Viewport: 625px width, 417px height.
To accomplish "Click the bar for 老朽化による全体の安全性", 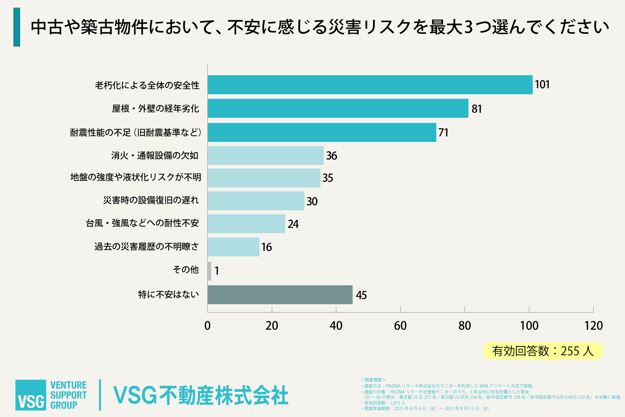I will pyautogui.click(x=370, y=85).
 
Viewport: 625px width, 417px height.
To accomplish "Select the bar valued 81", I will pyautogui.click(x=338, y=108).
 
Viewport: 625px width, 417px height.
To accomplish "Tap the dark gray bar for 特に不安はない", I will pyautogui.click(x=280, y=295).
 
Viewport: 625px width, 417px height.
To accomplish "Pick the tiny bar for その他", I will pyautogui.click(x=209, y=271).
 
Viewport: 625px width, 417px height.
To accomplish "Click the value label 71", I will pyautogui.click(x=443, y=133).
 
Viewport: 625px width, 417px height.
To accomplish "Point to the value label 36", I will pyautogui.click(x=331, y=156).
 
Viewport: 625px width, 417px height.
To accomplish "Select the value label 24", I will pyautogui.click(x=293, y=224).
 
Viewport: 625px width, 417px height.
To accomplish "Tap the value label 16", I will pyautogui.click(x=267, y=247).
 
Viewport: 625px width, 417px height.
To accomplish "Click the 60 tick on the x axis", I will pyautogui.click(x=400, y=325).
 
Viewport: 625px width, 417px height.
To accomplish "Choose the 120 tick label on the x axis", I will pyautogui.click(x=593, y=325).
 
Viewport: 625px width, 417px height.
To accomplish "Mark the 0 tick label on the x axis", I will pyautogui.click(x=207, y=325).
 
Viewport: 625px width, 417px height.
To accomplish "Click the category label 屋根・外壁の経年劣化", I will pyautogui.click(x=155, y=108).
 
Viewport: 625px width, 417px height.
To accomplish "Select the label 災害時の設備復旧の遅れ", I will pyautogui.click(x=151, y=200).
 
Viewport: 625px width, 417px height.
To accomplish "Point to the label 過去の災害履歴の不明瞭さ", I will pyautogui.click(x=146, y=247).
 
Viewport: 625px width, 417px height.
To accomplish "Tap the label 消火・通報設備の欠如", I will pyautogui.click(x=155, y=156).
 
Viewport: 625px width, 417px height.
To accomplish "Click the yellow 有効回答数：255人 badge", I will pyautogui.click(x=543, y=351).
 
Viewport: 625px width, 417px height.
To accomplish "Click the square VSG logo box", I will pyautogui.click(x=31, y=395).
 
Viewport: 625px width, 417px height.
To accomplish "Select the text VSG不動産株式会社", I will pyautogui.click(x=201, y=395).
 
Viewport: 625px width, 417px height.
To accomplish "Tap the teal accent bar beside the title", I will pyautogui.click(x=17, y=27).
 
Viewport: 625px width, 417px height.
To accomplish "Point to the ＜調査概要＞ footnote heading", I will pyautogui.click(x=373, y=380).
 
